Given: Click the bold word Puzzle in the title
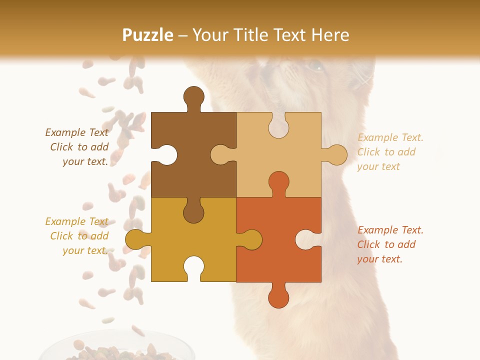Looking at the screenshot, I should point(148,35).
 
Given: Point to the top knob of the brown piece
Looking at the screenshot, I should point(193,97).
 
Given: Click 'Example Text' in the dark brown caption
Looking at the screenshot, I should point(76,132).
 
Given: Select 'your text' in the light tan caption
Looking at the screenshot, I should point(378,166).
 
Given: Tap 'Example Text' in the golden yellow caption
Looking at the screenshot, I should point(76,221).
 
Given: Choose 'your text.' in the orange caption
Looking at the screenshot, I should point(379,259).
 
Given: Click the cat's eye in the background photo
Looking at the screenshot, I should point(315,65).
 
